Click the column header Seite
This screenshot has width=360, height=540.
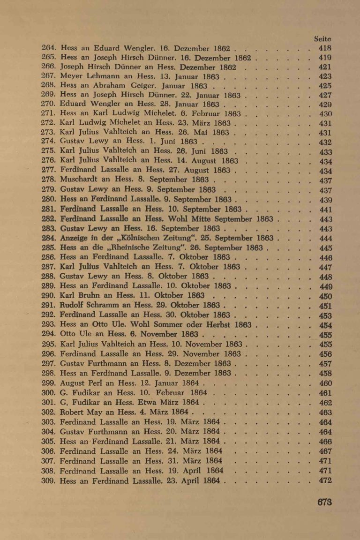[324, 41]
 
